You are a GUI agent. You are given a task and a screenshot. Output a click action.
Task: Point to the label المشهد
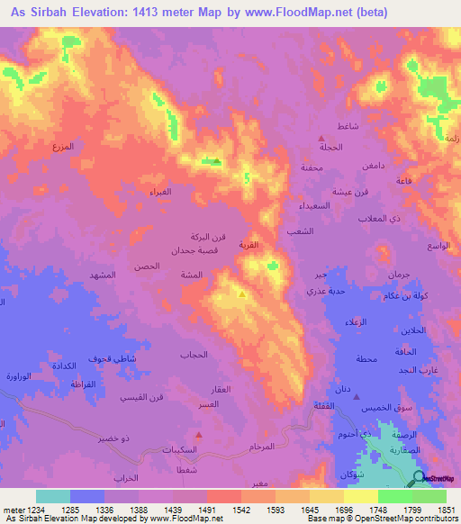pos(103,274)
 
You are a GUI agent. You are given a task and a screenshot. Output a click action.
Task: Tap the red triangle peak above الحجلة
pos(322,137)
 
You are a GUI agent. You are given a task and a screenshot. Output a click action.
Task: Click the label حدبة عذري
pos(322,292)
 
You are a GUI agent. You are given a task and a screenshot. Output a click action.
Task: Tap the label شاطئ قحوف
pos(113,358)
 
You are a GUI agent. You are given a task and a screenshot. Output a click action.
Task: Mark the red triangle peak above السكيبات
pos(198,435)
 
